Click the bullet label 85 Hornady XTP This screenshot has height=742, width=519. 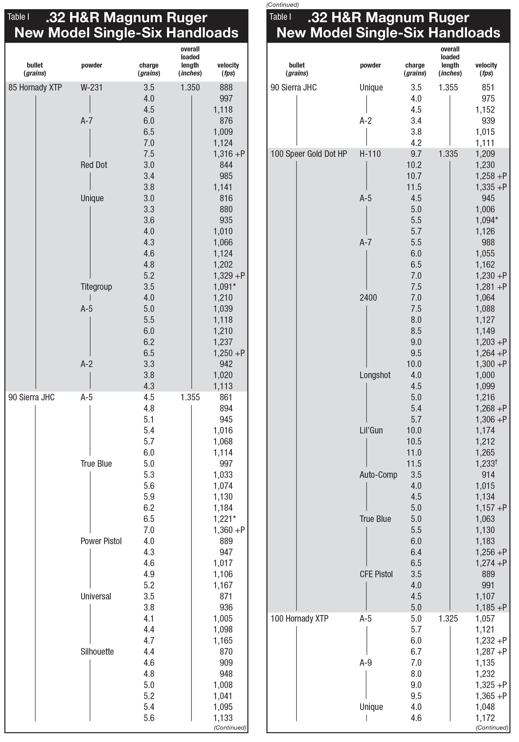35,88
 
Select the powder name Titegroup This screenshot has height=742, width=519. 96,287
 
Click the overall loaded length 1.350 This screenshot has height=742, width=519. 190,88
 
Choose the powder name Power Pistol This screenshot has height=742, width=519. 101,541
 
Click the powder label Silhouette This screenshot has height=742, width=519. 97,652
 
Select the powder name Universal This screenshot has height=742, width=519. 96,596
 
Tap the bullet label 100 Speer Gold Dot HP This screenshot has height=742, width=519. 309,154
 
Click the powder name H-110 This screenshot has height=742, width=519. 370,154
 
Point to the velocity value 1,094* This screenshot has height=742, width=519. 487,220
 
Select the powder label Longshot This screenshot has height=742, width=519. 375,375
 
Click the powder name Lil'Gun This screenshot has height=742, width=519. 371,430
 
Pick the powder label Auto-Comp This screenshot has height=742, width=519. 378,475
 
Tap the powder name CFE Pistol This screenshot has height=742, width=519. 376,574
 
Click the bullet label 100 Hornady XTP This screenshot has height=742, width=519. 299,618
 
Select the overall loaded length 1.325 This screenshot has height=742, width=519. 448,618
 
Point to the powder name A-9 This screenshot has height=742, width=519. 366,663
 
